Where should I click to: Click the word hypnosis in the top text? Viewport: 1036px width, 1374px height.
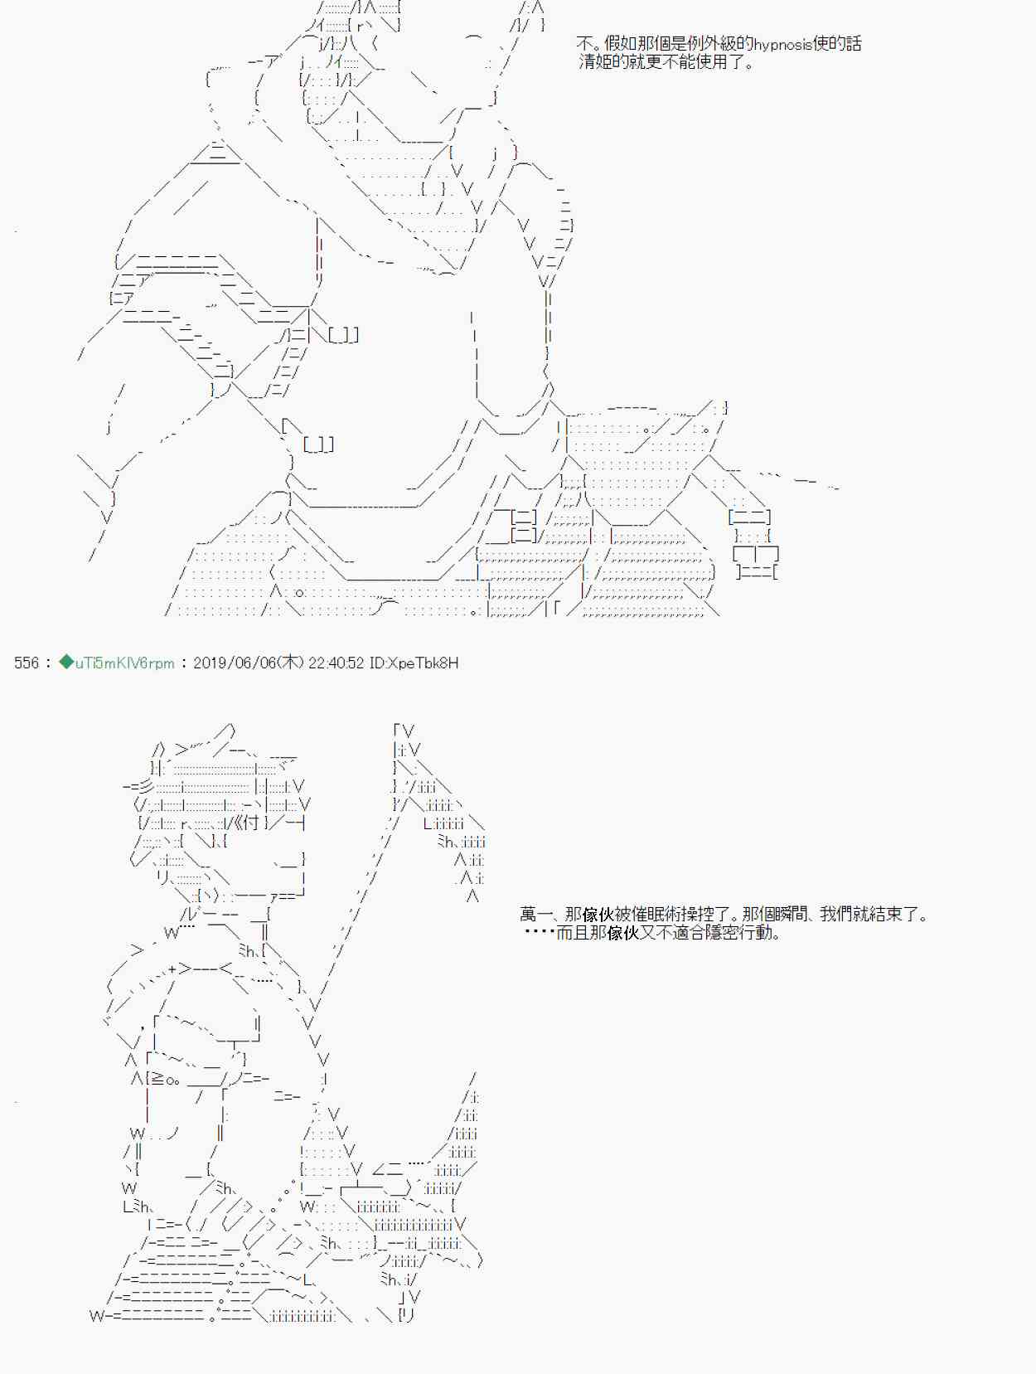pyautogui.click(x=783, y=45)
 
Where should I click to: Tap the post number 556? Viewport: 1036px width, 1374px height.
pyautogui.click(x=27, y=663)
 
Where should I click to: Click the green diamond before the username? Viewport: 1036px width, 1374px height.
pyautogui.click(x=65, y=663)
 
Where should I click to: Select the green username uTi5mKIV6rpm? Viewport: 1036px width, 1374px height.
pyautogui.click(x=124, y=663)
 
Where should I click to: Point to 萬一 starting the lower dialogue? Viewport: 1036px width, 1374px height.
pyautogui.click(x=535, y=915)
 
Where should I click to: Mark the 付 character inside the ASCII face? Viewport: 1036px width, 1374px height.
pyautogui.click(x=250, y=823)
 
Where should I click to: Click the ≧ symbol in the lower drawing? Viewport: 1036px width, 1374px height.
pyautogui.click(x=157, y=1079)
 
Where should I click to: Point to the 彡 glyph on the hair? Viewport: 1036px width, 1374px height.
pyautogui.click(x=145, y=787)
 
